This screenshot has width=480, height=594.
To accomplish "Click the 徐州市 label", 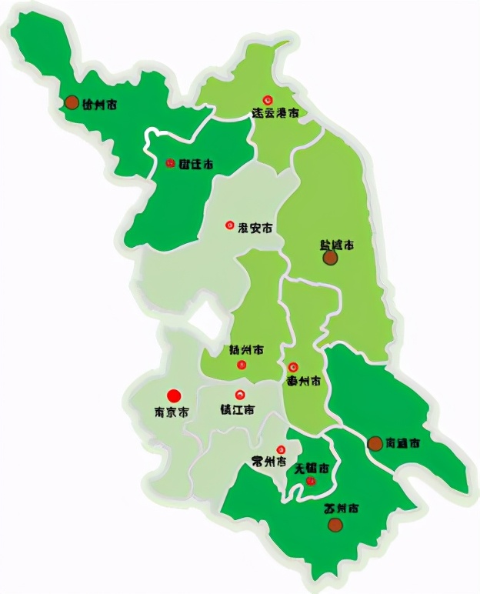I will (100, 104).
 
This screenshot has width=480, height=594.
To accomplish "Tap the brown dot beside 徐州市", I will (72, 102).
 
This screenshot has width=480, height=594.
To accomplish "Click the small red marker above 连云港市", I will (268, 100).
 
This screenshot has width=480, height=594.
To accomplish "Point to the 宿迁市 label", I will (196, 164).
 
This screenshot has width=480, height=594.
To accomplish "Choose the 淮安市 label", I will (255, 228).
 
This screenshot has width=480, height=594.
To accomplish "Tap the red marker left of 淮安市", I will (229, 225).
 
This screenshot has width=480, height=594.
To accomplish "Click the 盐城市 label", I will (337, 245).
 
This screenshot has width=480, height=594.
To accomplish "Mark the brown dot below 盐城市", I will (330, 259).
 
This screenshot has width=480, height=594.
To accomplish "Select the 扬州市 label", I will (247, 350).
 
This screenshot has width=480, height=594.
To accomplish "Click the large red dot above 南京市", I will (174, 395).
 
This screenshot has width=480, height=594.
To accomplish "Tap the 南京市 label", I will (172, 412).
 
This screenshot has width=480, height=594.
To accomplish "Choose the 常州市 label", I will (269, 462).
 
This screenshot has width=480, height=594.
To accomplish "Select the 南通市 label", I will (403, 444).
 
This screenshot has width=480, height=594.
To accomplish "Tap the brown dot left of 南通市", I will (375, 443).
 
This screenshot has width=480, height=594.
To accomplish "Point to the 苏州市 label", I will (341, 509).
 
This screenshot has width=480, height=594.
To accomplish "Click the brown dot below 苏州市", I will (335, 525).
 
